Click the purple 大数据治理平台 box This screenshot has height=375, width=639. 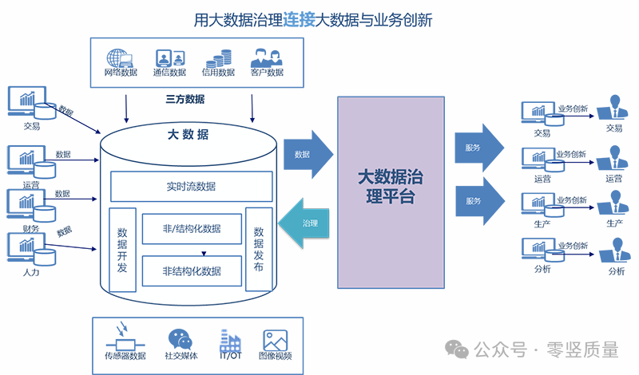[391, 191]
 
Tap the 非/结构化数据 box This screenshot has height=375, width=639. [192, 228]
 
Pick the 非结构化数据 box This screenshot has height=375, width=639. [192, 270]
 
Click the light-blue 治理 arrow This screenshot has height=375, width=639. [308, 224]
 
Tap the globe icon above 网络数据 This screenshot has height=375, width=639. [119, 58]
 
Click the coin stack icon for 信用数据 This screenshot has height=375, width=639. [217, 58]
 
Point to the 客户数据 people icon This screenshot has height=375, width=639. [266, 58]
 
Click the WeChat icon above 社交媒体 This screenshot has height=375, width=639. [180, 339]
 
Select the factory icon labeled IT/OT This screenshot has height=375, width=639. [231, 340]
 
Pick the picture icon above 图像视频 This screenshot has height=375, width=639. [276, 340]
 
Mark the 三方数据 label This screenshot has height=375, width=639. [185, 100]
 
